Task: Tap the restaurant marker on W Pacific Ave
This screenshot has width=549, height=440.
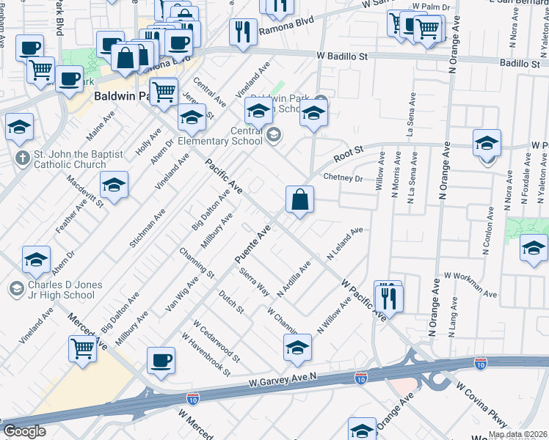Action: [388, 296]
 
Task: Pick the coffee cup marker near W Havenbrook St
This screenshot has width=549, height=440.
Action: [161, 360]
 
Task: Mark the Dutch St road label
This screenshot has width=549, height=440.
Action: [231, 300]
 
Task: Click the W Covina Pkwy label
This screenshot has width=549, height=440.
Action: [481, 406]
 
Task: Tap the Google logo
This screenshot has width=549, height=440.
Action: [24, 430]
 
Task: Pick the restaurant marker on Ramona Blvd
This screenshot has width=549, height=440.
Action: [242, 32]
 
